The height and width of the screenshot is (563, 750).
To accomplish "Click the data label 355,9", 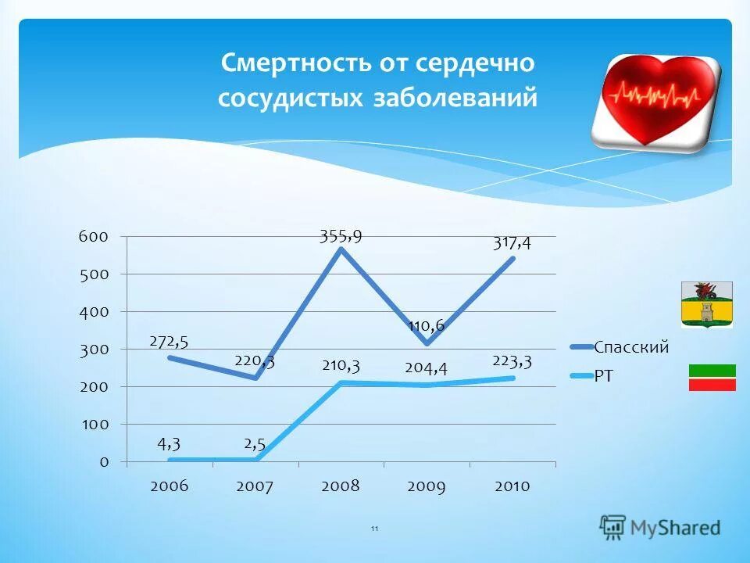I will [340, 235].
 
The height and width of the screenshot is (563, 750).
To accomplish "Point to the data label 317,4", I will [512, 243].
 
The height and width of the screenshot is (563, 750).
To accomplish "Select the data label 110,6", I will [426, 325].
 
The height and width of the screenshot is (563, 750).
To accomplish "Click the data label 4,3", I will [170, 443].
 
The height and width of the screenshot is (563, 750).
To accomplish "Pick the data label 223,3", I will [512, 360].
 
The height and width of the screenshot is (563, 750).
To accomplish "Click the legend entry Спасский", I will [631, 347].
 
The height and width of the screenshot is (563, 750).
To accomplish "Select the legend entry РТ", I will [604, 377].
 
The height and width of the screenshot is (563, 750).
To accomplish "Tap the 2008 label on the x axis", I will [340, 486].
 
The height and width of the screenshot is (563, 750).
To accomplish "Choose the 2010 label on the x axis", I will [512, 486].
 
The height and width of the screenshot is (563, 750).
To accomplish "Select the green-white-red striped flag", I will [712, 377].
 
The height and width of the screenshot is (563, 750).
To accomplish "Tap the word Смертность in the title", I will [292, 63].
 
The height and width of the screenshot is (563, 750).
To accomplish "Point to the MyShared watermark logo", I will [660, 528].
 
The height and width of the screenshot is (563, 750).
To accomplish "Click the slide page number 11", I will [374, 529].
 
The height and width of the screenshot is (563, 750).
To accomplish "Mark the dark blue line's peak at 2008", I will [341, 249].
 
